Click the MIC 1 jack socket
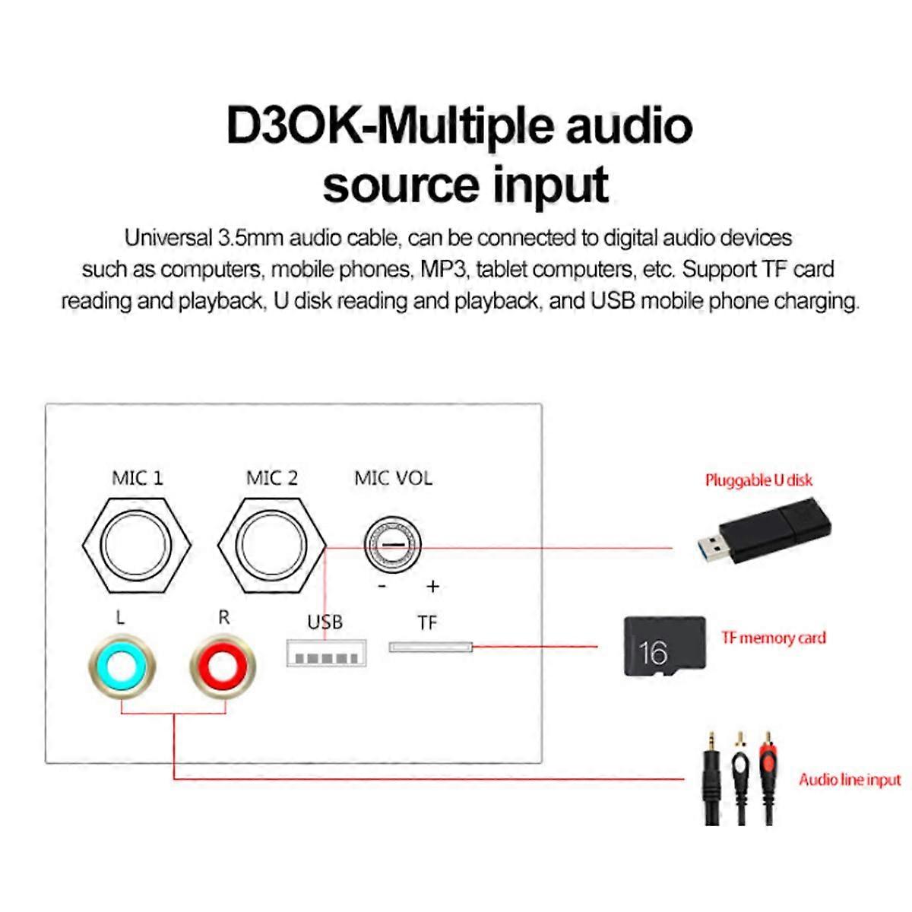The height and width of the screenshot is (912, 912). click(x=137, y=546)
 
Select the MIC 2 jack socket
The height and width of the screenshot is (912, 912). click(x=271, y=546)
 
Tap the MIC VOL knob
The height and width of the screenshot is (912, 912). click(x=393, y=546)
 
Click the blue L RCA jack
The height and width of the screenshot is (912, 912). click(x=122, y=668)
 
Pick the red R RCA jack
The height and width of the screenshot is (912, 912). click(x=223, y=668)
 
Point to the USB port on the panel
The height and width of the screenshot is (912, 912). click(x=326, y=654)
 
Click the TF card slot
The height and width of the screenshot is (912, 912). click(x=430, y=648)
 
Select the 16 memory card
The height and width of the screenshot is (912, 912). click(x=663, y=646)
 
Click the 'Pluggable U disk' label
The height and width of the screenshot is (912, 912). click(x=758, y=480)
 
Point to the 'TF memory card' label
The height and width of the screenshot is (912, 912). click(x=773, y=638)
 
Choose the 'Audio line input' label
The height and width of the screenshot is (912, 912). click(x=849, y=780)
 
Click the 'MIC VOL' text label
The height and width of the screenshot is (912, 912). click(x=393, y=478)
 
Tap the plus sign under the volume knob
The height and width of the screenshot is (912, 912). click(x=432, y=586)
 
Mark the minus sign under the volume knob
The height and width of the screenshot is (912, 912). click(x=382, y=586)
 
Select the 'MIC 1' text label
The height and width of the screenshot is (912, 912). click(x=137, y=478)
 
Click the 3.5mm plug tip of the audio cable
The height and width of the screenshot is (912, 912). click(x=711, y=741)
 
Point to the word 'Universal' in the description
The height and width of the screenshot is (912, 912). click(x=168, y=238)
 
